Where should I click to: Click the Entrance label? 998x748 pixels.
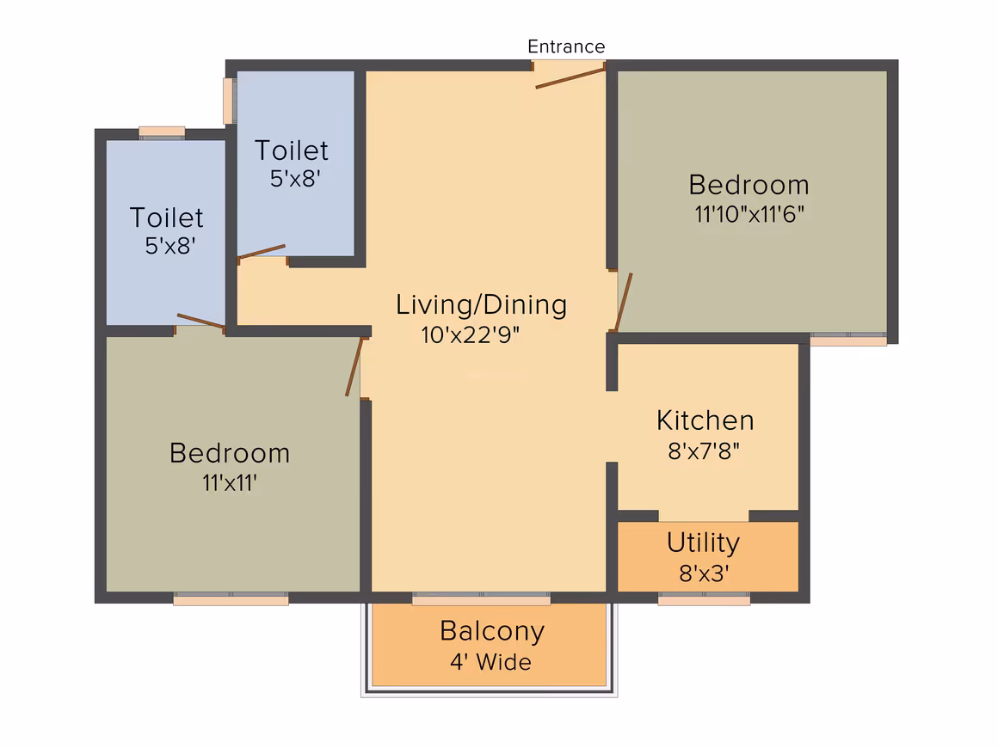point(566,46)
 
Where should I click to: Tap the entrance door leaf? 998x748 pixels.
point(570,78)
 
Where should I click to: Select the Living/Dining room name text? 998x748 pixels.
point(481,305)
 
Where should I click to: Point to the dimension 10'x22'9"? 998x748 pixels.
point(471,334)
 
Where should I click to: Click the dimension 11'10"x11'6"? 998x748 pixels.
point(749,214)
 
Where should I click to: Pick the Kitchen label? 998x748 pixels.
point(705,420)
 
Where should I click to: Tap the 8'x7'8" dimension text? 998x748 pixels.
point(704,451)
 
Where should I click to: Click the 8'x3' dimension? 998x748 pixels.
point(704,573)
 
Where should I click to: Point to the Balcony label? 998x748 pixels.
point(492,632)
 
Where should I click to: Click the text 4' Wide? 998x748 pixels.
point(490,662)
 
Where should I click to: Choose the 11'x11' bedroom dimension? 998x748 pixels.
point(230,483)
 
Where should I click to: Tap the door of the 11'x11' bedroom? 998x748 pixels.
point(354,367)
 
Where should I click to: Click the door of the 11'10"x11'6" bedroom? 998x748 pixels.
point(623,303)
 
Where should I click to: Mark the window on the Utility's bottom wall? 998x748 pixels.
point(704,598)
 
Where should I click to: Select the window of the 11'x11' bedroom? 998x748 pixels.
point(231,598)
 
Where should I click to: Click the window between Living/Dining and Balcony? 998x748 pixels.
point(481,598)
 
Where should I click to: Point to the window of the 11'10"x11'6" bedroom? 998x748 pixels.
point(848,339)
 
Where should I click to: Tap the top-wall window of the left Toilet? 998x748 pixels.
point(162,132)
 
